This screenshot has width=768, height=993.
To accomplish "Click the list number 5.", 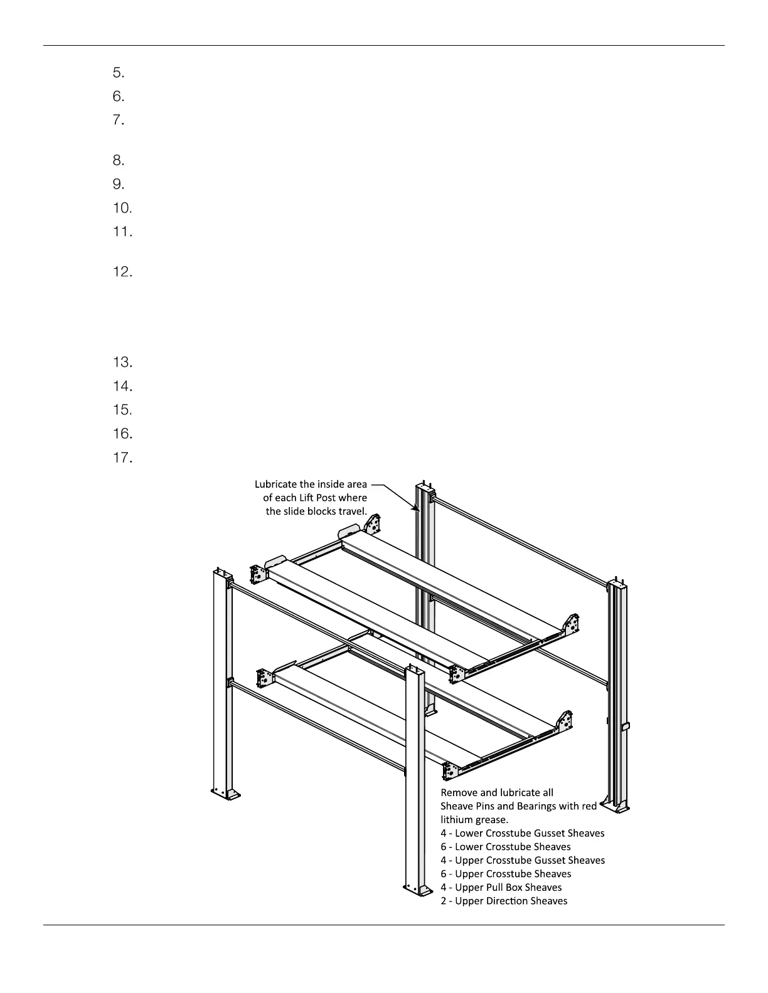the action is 119,73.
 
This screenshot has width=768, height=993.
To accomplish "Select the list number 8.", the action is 119,160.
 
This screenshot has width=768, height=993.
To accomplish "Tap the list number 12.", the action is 122,272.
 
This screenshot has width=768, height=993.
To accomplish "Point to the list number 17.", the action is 122,458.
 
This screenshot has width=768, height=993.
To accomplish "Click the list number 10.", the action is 122,208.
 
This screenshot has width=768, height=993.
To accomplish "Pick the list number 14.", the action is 122,386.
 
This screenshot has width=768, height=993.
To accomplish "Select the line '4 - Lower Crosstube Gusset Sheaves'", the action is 522,833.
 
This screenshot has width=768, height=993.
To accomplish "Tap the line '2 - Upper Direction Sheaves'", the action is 504,901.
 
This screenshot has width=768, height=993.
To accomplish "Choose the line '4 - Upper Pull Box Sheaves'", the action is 501,887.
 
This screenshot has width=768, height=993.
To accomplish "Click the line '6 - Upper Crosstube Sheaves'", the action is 506,873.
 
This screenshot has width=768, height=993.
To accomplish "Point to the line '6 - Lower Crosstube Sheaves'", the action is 506,846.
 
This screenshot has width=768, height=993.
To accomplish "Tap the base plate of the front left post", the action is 225,794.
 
